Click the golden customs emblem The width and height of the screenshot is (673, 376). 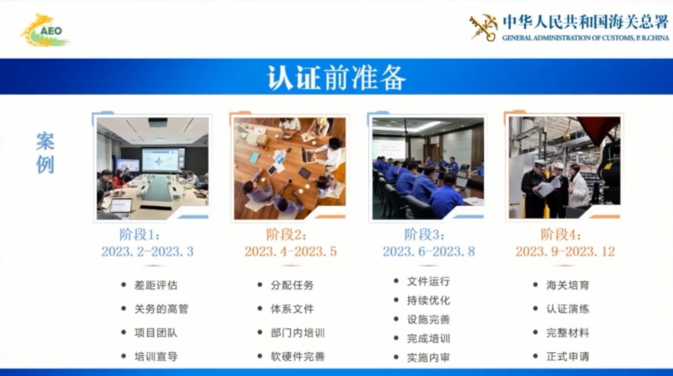point(483,27)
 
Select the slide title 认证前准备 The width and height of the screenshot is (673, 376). point(336,77)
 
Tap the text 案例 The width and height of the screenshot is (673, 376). point(45,153)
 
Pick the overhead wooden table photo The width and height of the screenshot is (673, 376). point(290,168)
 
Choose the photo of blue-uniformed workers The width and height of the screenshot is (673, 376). point(427,168)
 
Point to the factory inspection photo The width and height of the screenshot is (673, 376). point(564,168)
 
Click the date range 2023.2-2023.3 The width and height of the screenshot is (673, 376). point(147,252)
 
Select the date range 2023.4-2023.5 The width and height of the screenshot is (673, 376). point(290,252)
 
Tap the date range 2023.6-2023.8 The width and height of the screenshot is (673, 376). point(428,252)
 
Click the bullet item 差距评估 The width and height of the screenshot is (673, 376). point(156,285)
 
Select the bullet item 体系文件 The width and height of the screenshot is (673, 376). point(292,309)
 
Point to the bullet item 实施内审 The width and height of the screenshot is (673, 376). point(429,357)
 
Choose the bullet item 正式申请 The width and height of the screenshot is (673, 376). point(568,356)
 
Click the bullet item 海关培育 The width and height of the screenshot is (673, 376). point(568,285)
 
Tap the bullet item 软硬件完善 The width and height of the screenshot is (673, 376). point(298,356)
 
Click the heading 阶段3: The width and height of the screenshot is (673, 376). point(424,235)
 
